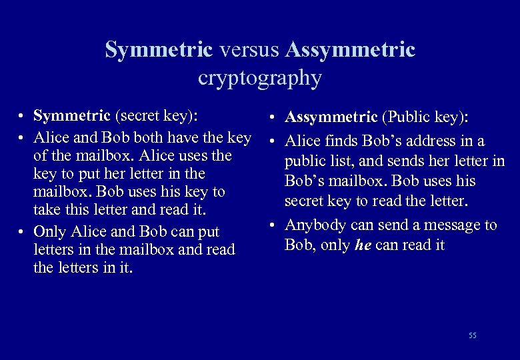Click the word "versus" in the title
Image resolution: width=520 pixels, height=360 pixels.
(x=249, y=49)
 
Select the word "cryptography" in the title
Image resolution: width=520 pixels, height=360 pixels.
(x=259, y=78)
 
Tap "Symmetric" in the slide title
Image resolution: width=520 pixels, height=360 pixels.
(x=159, y=49)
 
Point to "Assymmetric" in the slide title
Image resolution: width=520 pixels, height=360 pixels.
(x=350, y=49)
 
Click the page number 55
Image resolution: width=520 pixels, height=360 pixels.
(x=473, y=335)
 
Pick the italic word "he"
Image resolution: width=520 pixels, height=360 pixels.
(x=363, y=245)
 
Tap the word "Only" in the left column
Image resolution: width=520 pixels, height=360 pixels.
(x=49, y=232)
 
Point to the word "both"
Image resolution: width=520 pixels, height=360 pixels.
(x=155, y=138)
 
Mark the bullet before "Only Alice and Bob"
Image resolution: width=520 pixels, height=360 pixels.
(x=23, y=232)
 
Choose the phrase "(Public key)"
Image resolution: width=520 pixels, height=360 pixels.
(x=425, y=117)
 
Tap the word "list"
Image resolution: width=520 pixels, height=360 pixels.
(x=338, y=161)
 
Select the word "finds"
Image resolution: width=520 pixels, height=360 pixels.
(x=341, y=141)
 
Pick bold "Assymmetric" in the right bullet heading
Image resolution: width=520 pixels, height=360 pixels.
(x=331, y=117)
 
